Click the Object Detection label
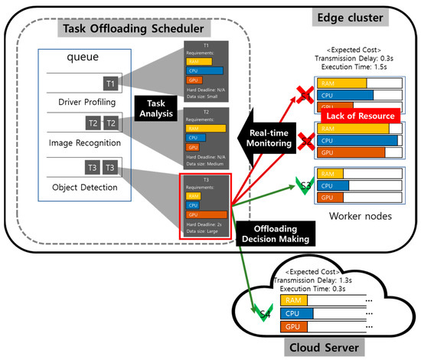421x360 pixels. point(85,187)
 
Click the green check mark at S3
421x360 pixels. point(305,185)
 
